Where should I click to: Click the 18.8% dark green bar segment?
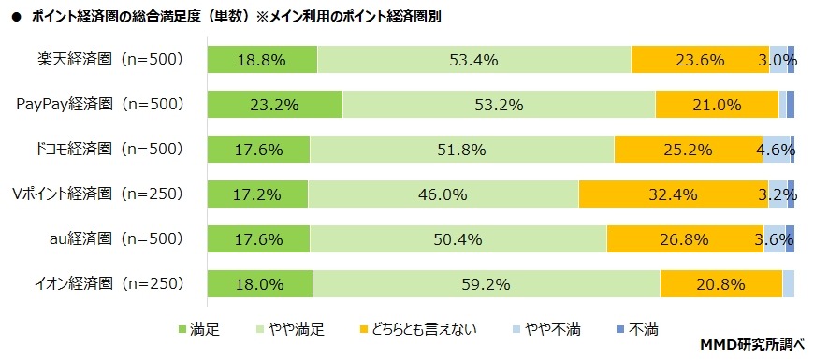(x=262, y=60)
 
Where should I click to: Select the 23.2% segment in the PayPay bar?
(x=274, y=104)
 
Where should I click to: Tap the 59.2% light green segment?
(x=486, y=283)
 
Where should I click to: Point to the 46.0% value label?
(x=443, y=194)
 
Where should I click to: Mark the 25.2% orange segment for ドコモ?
(x=688, y=149)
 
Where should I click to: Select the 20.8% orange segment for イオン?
(x=720, y=283)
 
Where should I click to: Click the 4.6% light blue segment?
(x=777, y=149)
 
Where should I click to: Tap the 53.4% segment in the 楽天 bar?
(x=473, y=60)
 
